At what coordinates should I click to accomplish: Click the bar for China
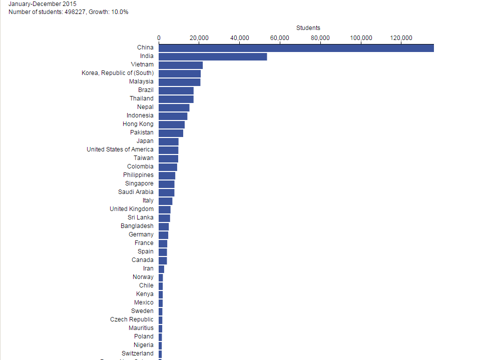coord(296,48)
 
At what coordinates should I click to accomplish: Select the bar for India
coord(213,56)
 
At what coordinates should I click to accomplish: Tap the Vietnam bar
coord(181,65)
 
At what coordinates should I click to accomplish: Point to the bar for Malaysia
coord(179,82)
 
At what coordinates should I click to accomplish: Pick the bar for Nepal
coord(174,107)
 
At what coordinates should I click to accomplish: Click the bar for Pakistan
coord(171,133)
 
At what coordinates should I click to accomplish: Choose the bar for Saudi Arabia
coord(166,192)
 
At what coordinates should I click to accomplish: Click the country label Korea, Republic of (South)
coord(118,73)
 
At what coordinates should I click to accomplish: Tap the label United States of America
coord(120,149)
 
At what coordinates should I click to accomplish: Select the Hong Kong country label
coord(138,124)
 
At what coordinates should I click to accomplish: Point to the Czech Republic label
coord(132,319)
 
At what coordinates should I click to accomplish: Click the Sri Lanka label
coord(141,217)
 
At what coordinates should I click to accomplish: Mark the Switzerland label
coord(137,353)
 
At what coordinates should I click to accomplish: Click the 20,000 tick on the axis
coord(199,38)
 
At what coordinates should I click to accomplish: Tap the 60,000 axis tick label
coord(280,38)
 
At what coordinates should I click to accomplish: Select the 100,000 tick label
coord(361,38)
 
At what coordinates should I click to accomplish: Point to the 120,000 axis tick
coord(401,38)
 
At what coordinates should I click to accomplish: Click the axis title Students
coord(308,28)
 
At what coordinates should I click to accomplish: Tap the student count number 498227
coord(75,12)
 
